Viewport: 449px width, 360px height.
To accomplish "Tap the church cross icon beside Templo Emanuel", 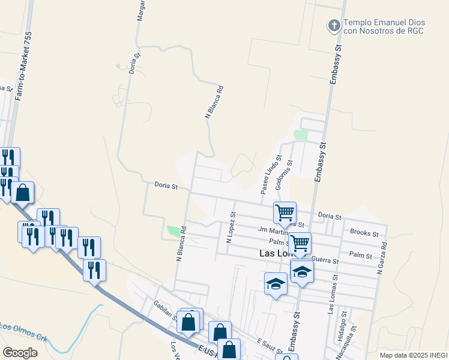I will (333, 25).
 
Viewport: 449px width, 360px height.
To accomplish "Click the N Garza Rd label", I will (380, 258).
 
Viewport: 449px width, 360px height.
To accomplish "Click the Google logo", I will (20, 353).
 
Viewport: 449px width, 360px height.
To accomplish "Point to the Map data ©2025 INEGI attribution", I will (413, 355).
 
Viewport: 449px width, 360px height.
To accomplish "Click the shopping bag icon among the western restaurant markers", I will (22, 193).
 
